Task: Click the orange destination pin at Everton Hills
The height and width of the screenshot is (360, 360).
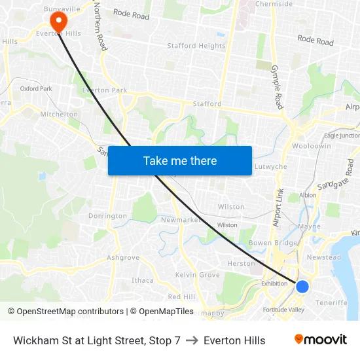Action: pos(59,22)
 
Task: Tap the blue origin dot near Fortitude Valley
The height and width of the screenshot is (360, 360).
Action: pos(302,286)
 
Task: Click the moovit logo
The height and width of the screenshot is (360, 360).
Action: pos(321,340)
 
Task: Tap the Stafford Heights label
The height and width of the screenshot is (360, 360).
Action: pos(196,46)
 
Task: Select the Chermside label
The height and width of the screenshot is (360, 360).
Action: pos(274,4)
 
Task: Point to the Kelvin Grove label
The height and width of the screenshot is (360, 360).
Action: pos(198,275)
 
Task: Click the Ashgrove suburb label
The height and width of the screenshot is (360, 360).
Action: pos(123,258)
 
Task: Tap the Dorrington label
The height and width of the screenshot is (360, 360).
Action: pos(107,216)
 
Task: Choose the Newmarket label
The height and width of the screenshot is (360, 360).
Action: pos(181,220)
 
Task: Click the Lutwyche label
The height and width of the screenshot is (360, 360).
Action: pos(270,167)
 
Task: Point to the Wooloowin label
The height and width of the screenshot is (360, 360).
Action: pos(312,146)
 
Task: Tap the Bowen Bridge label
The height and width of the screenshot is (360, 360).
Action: pos(274,243)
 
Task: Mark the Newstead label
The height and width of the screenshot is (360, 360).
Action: pos(324,257)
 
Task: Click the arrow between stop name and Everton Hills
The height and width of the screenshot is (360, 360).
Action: pos(192,340)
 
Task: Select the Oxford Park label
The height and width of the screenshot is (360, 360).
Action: pos(36,88)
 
